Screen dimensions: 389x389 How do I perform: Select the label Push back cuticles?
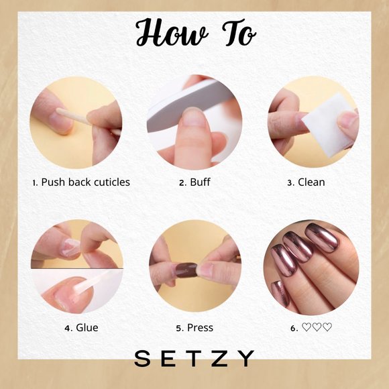pos(85,182)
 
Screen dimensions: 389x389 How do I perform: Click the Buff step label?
pos(199,182)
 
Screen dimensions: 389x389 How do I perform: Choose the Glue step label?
pos(87,327)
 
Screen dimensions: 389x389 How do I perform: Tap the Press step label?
pos(200,327)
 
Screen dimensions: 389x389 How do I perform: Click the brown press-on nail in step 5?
pos(185,270)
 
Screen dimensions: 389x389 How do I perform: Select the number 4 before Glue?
pos(68,328)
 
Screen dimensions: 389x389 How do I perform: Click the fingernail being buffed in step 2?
pos(195,118)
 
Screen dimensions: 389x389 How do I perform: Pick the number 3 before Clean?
pos(290,182)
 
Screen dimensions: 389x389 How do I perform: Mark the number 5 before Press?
pos(179,328)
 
